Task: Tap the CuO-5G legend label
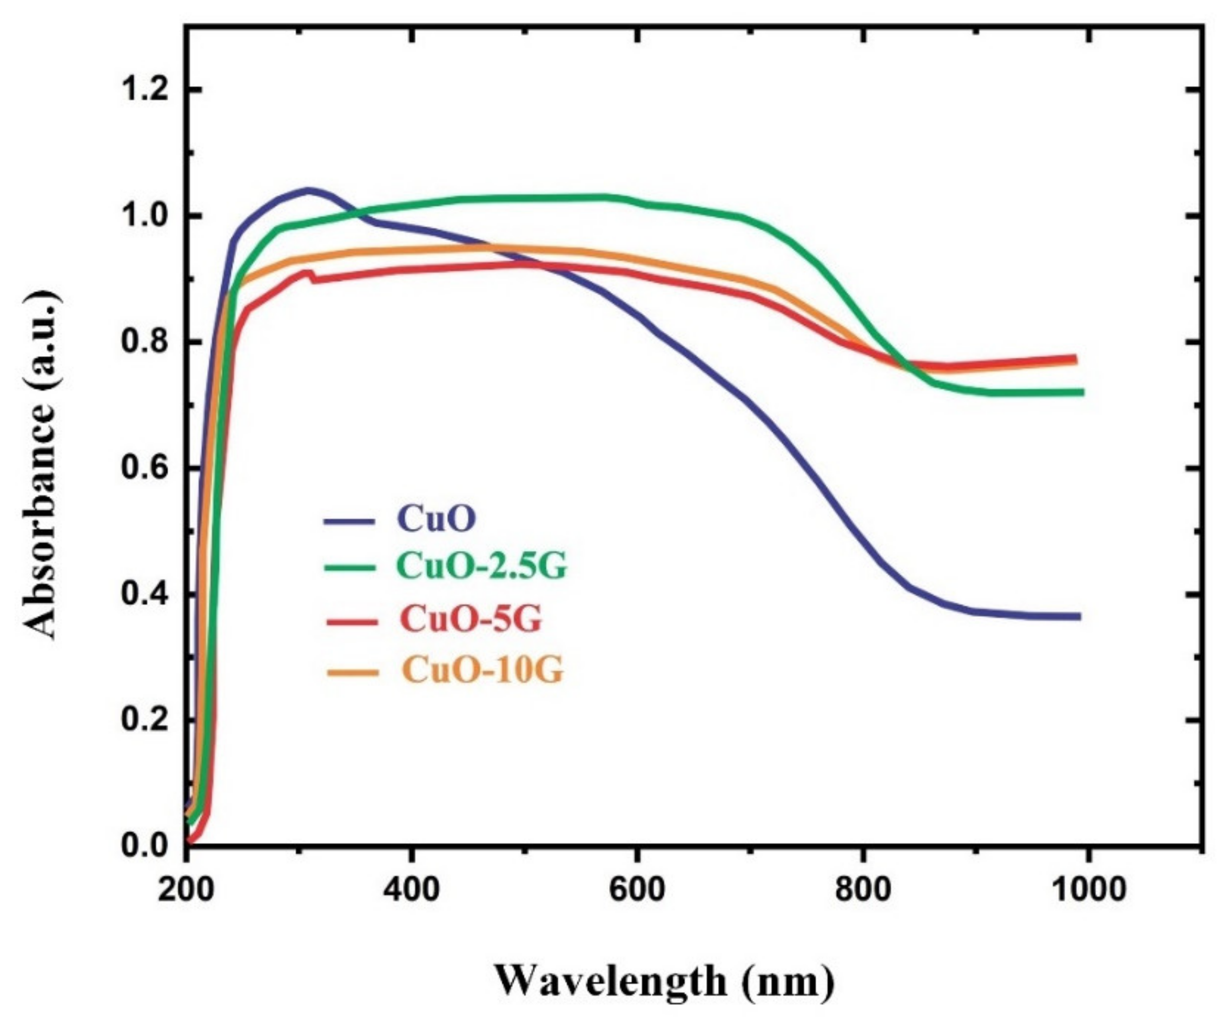coord(471,619)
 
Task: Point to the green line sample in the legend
coord(349,568)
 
